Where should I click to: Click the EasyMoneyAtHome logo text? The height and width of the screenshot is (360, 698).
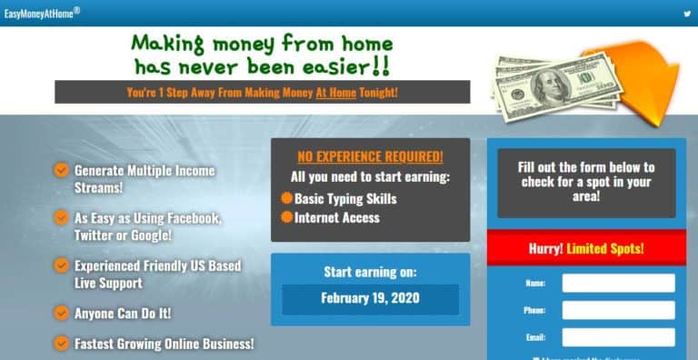[x=42, y=13]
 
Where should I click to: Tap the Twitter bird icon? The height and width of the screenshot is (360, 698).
[x=687, y=14]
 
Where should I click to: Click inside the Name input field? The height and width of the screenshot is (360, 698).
[x=618, y=283]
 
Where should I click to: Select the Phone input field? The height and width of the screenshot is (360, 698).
[x=618, y=310]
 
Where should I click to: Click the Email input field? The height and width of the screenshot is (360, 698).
[x=618, y=337]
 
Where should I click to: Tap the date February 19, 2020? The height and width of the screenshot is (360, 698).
[x=370, y=298]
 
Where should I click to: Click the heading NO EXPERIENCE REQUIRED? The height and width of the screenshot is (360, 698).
[x=370, y=156]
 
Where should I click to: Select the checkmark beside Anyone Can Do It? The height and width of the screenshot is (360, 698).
[x=61, y=313]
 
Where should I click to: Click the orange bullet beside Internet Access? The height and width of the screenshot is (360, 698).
[x=286, y=217]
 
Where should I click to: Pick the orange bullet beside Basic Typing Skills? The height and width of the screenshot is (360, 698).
[x=286, y=198]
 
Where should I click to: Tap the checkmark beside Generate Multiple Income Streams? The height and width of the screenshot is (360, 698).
[x=61, y=170]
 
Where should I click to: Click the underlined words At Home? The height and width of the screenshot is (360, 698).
[x=331, y=93]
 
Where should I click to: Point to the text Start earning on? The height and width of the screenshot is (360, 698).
[x=370, y=272]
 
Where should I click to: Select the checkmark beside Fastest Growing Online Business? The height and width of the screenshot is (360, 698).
[x=61, y=343]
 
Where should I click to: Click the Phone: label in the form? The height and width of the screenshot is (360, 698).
[x=535, y=310]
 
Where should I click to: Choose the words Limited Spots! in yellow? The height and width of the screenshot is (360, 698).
[x=605, y=248]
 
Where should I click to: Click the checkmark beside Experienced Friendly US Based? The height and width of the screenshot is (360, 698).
[x=61, y=265]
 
